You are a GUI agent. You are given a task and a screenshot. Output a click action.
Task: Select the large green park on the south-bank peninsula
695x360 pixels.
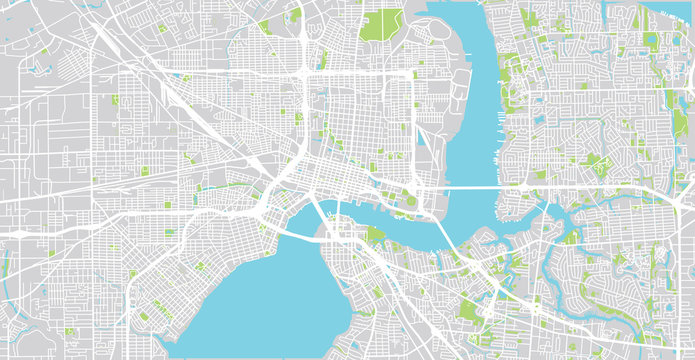(x=375, y=236)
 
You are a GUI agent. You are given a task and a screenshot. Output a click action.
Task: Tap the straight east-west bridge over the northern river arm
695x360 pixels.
(x=470, y=188)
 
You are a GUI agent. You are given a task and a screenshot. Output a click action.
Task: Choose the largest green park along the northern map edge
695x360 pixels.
(x=382, y=22)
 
